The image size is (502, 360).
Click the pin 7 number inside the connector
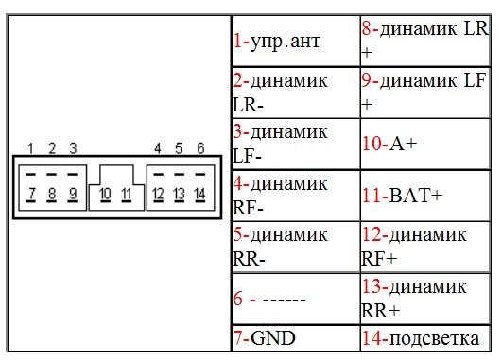(31, 194)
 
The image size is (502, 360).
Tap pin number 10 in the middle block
(105, 194)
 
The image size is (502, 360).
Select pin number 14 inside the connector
(199, 194)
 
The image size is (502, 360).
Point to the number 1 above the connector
(30, 148)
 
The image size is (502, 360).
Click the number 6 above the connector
(200, 148)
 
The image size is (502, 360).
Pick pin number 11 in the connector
(127, 194)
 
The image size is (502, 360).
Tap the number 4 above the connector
(158, 148)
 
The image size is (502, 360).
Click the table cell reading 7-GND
(296, 338)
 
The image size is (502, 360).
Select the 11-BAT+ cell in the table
(425, 196)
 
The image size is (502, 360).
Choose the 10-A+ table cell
(425, 144)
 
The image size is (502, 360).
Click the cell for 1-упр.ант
(296, 41)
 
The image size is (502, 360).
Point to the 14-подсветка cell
(425, 338)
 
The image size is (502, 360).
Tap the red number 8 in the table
(367, 28)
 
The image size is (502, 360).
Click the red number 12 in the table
(372, 235)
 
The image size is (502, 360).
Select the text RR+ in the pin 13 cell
(380, 310)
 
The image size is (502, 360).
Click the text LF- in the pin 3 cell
(247, 157)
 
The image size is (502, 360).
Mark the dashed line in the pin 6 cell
(285, 300)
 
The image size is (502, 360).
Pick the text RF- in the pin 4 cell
(248, 209)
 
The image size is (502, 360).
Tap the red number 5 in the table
(237, 235)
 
